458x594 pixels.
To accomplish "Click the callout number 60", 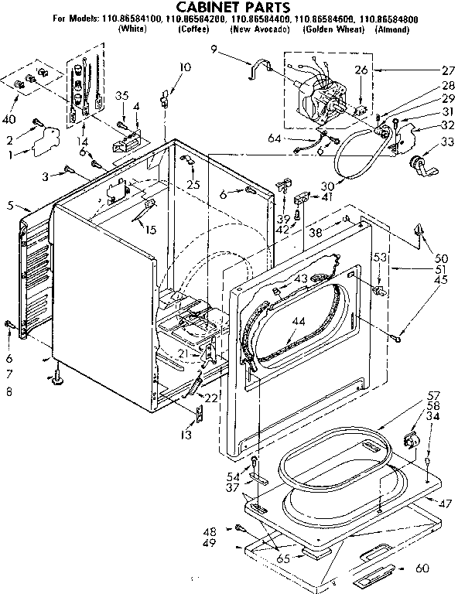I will pyautogui.click(x=443, y=568).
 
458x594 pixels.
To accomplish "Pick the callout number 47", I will pyautogui.click(x=445, y=504).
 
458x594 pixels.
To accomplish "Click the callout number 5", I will pyautogui.click(x=9, y=207).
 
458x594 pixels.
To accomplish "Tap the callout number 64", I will pyautogui.click(x=275, y=139).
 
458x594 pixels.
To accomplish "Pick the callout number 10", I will pyautogui.click(x=184, y=67).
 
